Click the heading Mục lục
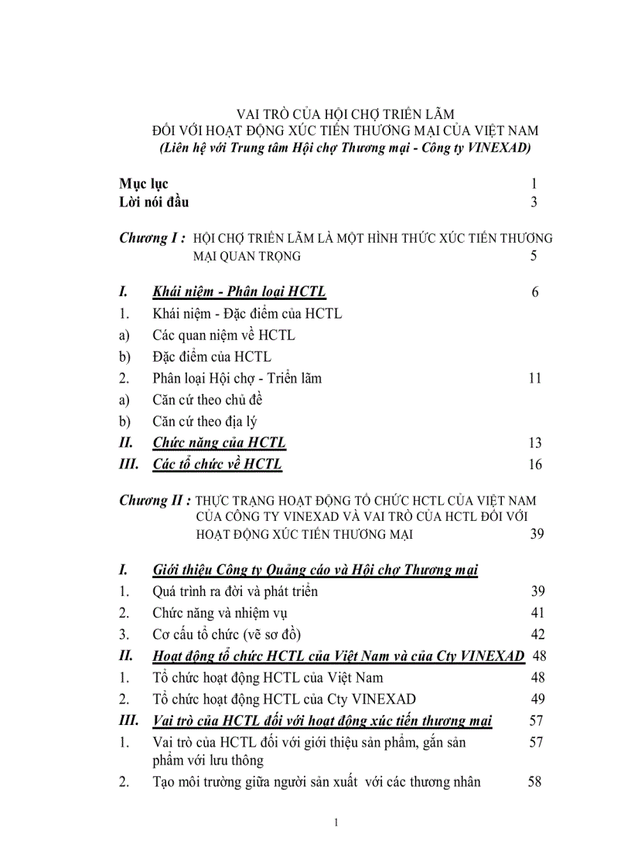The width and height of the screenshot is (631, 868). point(144,184)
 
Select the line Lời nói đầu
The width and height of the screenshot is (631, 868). point(154,203)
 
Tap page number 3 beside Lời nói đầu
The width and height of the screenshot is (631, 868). point(534,203)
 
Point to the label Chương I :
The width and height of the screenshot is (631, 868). point(152,238)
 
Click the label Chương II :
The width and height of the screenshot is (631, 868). point(155,500)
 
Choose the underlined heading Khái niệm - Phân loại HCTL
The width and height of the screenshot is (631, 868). point(239,291)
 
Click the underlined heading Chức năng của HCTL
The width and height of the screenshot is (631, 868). point(219,443)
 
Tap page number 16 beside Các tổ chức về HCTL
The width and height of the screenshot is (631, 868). point(534,465)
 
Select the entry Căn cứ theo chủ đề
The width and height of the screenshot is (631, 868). point(208,400)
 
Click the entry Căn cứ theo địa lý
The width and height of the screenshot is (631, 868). point(204,422)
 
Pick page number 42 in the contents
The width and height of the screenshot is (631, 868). point(537,635)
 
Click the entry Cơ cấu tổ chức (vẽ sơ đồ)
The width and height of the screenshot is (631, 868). point(227,635)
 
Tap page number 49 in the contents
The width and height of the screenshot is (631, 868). point(537,700)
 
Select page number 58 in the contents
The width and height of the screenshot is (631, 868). point(534,781)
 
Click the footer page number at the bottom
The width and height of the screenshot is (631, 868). point(336,822)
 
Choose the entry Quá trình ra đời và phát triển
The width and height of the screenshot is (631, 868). point(235,591)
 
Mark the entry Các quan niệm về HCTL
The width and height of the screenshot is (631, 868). point(223,335)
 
